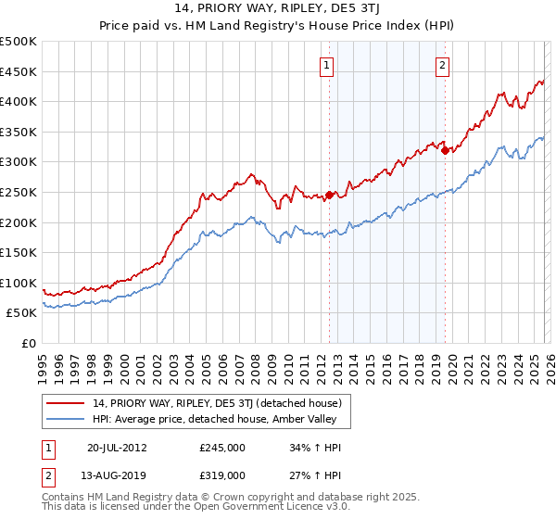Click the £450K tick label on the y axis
click(19, 71)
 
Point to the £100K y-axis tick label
click(19, 283)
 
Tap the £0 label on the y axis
click(30, 344)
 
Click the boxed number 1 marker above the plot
click(328, 65)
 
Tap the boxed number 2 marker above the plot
click(443, 65)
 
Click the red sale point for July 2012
click(329, 195)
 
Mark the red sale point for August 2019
click(445, 150)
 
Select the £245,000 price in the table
click(222, 447)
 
